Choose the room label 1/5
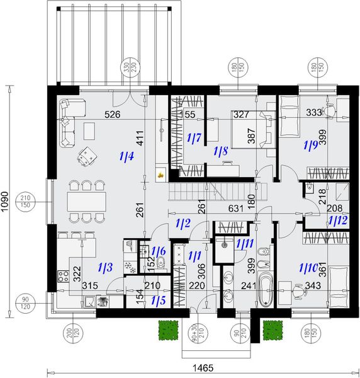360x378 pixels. pyautogui.click(x=159, y=301)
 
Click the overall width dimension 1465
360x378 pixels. pyautogui.click(x=201, y=367)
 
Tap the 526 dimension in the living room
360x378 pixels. pyautogui.click(x=113, y=114)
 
